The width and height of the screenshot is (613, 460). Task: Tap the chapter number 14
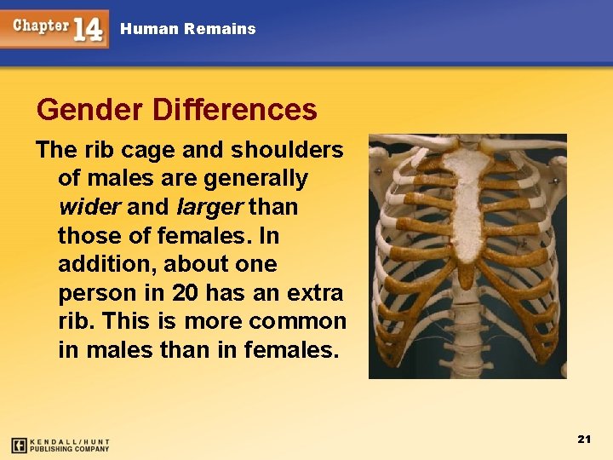89,30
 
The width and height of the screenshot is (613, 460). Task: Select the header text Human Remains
187,29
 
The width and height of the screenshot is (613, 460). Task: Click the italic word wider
89,207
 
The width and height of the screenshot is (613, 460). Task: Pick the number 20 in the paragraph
186,293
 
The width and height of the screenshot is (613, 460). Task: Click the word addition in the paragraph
96,264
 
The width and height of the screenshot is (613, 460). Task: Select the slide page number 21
584,439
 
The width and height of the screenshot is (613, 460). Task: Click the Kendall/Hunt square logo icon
19,445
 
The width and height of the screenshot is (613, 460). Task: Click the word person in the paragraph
90,293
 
